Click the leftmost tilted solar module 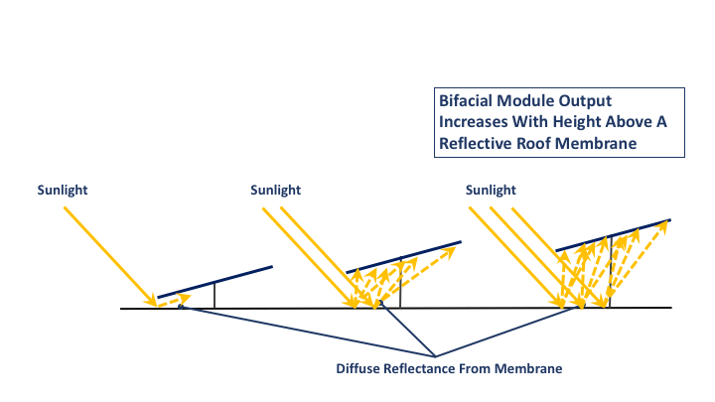(214, 281)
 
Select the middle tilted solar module (403, 256)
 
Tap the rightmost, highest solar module (612, 234)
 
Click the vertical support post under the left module (214, 296)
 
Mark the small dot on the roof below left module (180, 307)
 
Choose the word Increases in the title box (471, 122)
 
